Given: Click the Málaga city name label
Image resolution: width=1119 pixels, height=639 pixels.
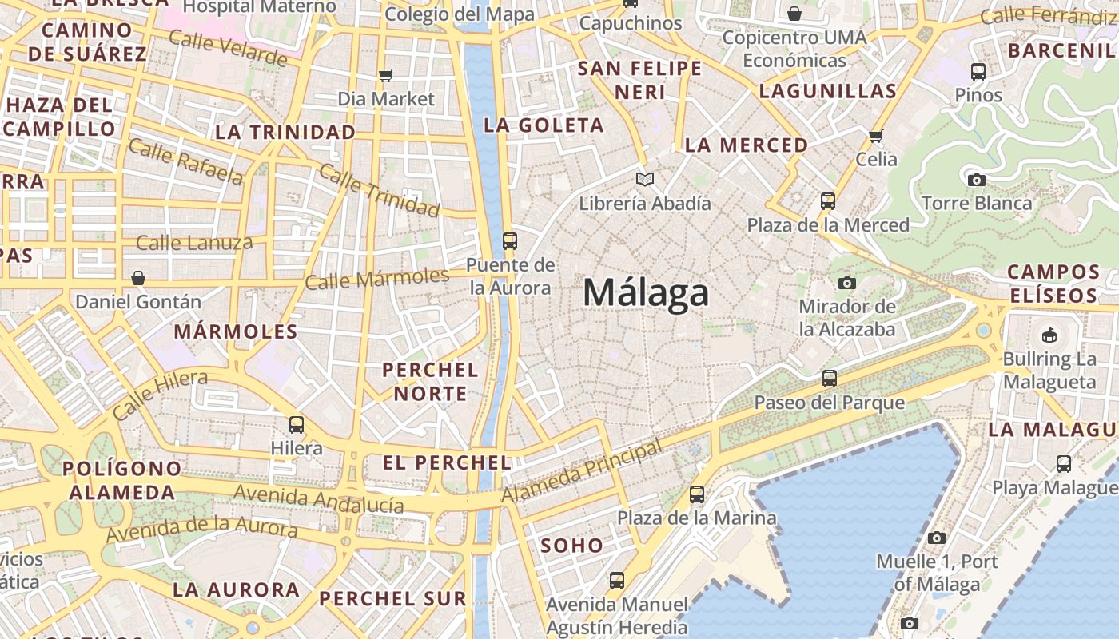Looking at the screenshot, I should click(x=646, y=293).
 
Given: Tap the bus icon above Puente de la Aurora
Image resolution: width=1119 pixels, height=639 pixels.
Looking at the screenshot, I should click(x=509, y=240).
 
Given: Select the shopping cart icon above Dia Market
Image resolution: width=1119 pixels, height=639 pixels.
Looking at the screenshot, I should click(x=386, y=75).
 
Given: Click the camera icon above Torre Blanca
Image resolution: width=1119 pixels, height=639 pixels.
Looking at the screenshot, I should click(x=976, y=180).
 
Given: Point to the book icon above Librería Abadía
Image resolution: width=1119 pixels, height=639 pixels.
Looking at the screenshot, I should click(x=644, y=179).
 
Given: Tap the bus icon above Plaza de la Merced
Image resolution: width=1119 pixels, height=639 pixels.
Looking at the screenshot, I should click(x=828, y=201).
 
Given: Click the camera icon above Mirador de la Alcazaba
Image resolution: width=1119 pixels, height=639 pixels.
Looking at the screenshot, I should click(x=847, y=283).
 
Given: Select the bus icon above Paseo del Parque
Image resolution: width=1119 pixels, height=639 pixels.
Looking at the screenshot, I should click(x=830, y=379).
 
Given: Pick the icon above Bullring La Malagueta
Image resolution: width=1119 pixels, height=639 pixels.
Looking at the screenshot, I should click(x=1049, y=335).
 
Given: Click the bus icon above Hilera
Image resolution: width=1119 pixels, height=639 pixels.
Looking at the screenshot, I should click(x=297, y=424).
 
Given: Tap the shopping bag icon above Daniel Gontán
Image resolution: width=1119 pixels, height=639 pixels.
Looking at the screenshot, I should click(x=138, y=278).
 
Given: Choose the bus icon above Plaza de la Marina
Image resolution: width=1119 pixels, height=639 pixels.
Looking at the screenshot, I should click(x=697, y=494).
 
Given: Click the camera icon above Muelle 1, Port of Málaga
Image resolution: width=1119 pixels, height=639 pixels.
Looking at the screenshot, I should click(x=937, y=538).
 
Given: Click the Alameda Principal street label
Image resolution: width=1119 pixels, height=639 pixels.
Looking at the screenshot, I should click(x=582, y=472).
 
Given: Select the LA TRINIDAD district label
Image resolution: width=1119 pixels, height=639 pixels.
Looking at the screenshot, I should click(x=285, y=132).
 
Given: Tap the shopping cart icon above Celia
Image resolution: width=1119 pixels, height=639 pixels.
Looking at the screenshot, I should click(x=876, y=135).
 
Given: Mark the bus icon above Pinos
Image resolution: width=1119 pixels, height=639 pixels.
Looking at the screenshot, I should click(x=978, y=72).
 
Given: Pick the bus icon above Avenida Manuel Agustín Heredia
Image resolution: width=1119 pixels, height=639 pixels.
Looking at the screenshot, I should click(x=616, y=581).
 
